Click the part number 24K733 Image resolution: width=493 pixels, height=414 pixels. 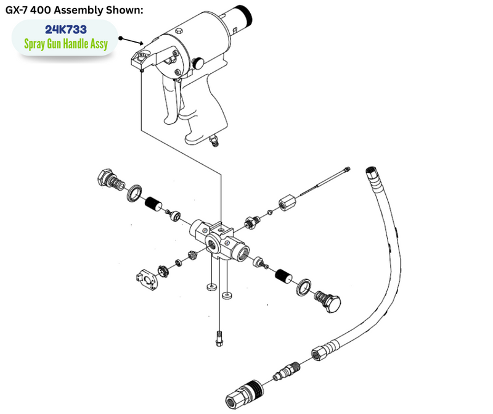point(66,29)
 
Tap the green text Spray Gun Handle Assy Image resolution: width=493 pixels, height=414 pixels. point(66,44)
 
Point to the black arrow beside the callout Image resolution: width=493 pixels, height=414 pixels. point(131,41)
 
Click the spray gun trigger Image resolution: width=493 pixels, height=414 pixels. point(172,101)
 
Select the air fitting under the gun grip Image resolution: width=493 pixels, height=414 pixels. point(214,141)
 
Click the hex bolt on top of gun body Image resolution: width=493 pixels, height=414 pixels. point(179,30)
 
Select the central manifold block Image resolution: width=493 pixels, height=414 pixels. point(219,241)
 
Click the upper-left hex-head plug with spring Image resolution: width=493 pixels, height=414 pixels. point(110,180)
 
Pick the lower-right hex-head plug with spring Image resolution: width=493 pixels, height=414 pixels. point(328,300)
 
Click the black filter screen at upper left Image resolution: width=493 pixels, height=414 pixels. point(153,204)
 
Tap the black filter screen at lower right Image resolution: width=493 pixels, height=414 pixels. point(283,277)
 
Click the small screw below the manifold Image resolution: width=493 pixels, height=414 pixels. point(219,339)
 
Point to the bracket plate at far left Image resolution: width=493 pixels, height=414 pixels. point(148,279)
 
